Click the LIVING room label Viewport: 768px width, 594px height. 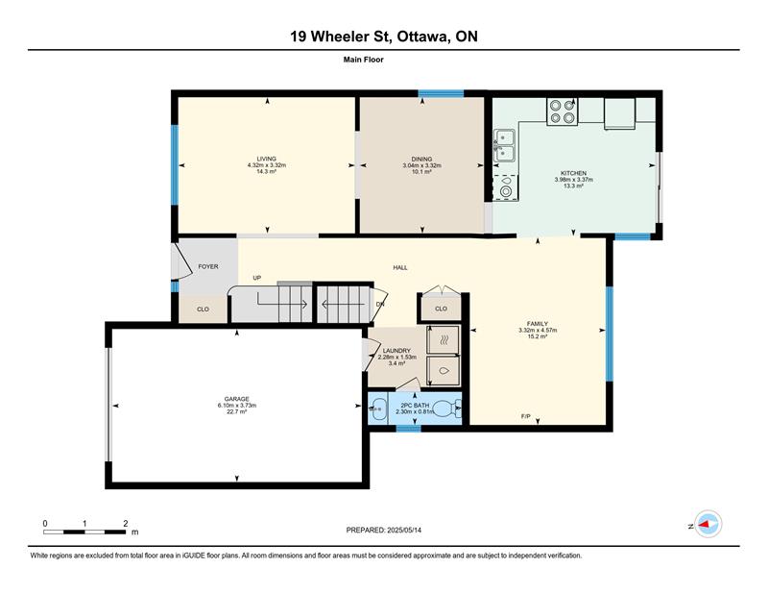click(267, 159)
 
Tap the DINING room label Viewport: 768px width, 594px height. click(421, 159)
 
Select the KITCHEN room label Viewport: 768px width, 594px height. click(573, 173)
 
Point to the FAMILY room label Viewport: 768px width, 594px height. click(538, 324)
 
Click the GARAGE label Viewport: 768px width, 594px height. click(236, 399)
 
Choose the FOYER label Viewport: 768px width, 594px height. click(208, 267)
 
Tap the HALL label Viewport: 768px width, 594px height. click(400, 268)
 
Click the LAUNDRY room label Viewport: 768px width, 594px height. click(396, 351)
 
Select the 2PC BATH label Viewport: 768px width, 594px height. click(415, 406)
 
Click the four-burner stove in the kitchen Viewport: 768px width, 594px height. click(563, 111)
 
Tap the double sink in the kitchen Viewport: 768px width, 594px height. click(505, 146)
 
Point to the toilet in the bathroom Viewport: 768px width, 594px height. click(447, 408)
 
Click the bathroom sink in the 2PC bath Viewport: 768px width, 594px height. click(377, 408)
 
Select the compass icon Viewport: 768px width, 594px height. click(708, 524)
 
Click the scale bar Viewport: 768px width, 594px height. click(84, 532)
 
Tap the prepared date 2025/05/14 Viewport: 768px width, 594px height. click(404, 531)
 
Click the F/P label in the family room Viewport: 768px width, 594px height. click(525, 416)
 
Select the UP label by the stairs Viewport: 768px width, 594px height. click(257, 278)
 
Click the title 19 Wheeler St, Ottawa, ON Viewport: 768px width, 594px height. click(384, 37)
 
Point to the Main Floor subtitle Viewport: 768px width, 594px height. click(364, 60)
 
